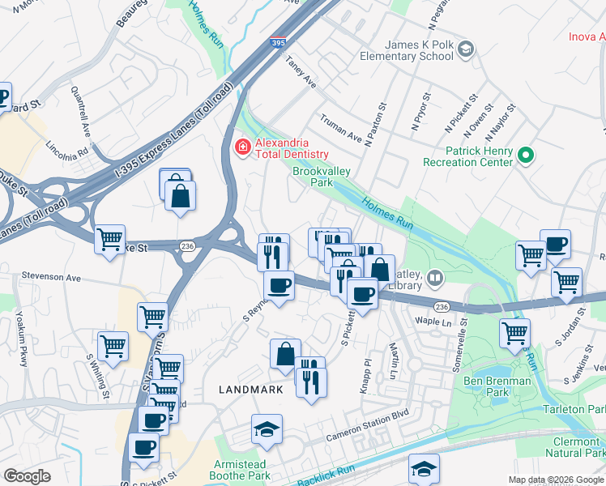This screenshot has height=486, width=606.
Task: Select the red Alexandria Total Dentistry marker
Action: click(x=241, y=146)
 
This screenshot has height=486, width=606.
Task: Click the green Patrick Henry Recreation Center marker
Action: click(x=525, y=154)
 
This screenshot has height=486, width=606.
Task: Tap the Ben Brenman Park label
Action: click(x=497, y=386)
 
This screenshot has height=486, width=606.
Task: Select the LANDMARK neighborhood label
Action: click(x=251, y=390)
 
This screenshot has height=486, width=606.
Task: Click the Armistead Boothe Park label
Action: click(x=238, y=470)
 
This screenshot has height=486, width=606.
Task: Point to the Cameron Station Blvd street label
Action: click(x=368, y=430)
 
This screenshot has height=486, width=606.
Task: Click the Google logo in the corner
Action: click(x=28, y=476)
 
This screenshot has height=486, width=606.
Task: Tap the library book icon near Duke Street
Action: click(x=436, y=279)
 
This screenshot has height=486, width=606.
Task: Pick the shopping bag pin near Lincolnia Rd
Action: click(x=179, y=194)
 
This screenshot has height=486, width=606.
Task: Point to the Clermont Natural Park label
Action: click(x=575, y=448)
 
